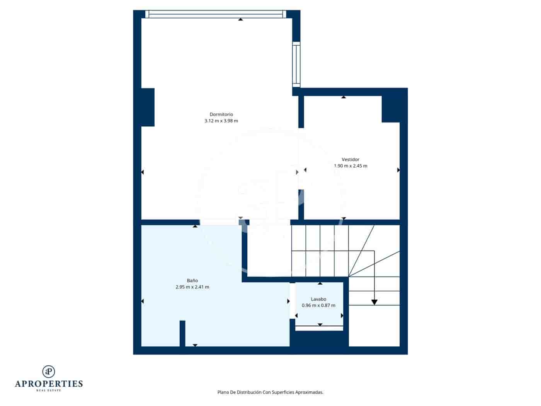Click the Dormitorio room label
coord(221,114)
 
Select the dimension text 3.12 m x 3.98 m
coord(221,121)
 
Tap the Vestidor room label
coord(350,159)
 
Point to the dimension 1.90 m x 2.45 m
coord(350,166)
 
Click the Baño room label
coord(192,280)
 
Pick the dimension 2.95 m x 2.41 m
coord(192,287)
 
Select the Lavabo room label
coord(318,299)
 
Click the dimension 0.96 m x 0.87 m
coord(318,305)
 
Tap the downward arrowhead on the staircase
coord(374,302)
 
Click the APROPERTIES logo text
coord(49,384)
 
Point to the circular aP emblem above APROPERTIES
coord(49,371)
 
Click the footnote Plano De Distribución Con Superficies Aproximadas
coord(270,392)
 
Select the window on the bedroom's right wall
coord(296,65)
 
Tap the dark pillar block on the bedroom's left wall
coord(148,107)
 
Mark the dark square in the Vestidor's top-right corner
coord(390,109)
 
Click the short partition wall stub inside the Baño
coord(182,333)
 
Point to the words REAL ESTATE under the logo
coord(49,391)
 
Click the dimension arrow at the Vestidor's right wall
coord(398,170)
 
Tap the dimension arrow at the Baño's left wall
coord(143,301)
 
